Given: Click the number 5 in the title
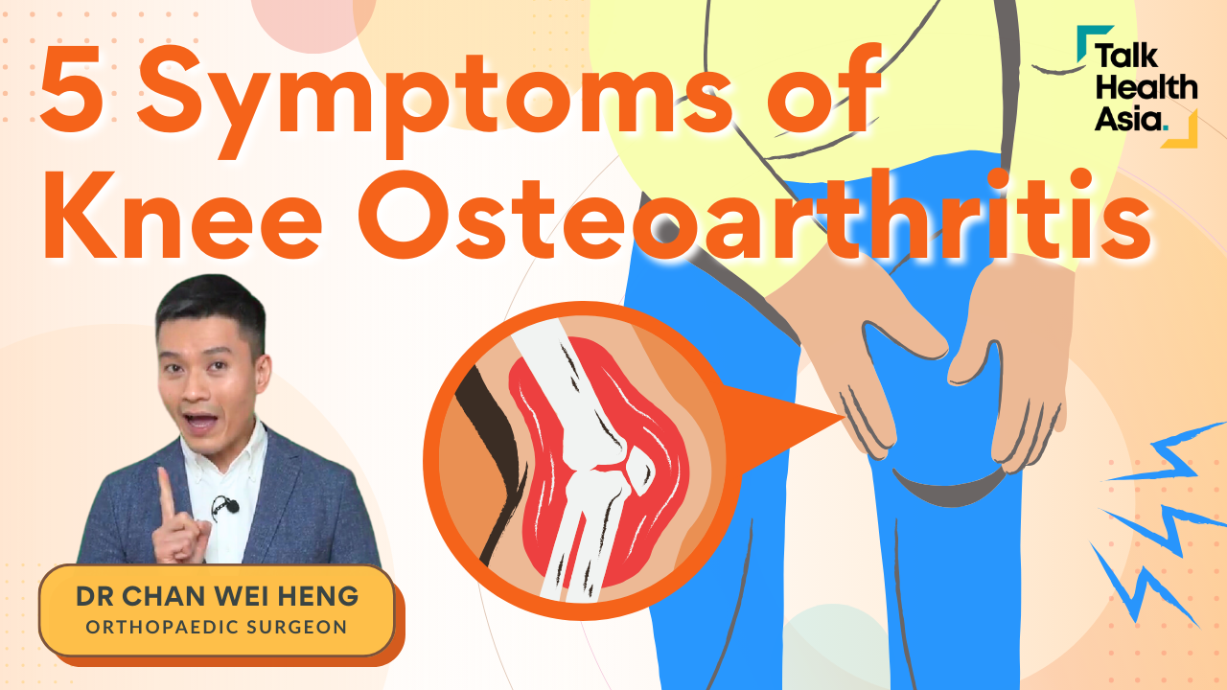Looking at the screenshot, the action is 70,89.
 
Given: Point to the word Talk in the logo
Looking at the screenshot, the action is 1126,56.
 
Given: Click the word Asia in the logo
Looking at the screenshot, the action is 1129,119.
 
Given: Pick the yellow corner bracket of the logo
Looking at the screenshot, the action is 1182,131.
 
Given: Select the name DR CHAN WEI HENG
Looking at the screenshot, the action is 217,596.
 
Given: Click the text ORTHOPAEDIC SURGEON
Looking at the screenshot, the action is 217,627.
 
